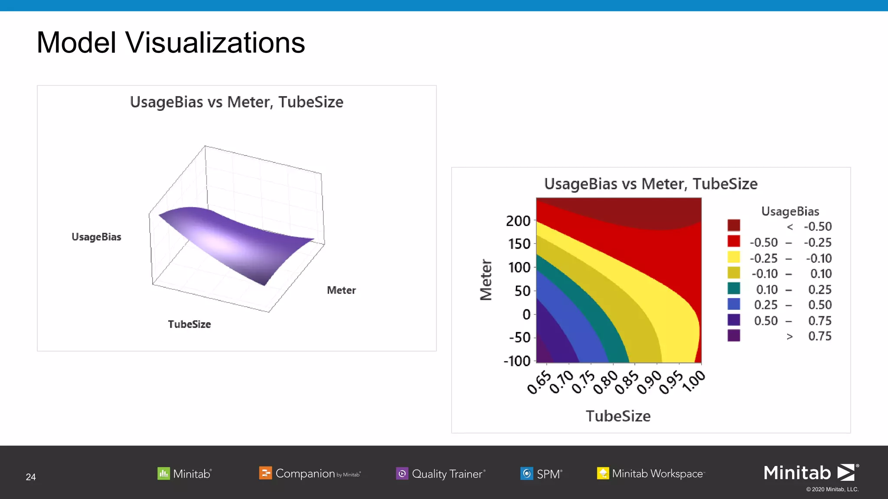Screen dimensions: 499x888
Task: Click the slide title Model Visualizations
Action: click(x=170, y=43)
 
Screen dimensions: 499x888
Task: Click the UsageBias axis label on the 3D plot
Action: click(x=96, y=237)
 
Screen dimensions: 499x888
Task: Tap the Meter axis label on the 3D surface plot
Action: click(x=341, y=290)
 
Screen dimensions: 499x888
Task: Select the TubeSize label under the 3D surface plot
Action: click(x=189, y=324)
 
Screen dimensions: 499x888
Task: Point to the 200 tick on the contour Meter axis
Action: click(x=518, y=221)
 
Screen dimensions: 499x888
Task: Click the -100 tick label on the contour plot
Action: click(x=517, y=361)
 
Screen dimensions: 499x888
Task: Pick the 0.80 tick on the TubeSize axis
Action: click(x=605, y=382)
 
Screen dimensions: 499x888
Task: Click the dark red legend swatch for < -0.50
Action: click(x=734, y=226)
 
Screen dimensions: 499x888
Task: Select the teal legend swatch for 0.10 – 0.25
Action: click(x=734, y=288)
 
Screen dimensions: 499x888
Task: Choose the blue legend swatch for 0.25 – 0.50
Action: click(x=734, y=304)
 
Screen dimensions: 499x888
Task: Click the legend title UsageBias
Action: click(x=790, y=211)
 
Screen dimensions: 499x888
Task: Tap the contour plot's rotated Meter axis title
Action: click(x=486, y=280)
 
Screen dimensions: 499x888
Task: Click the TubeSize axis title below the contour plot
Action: click(x=618, y=416)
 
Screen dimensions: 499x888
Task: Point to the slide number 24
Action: click(x=31, y=477)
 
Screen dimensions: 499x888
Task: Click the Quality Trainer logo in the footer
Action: click(x=441, y=473)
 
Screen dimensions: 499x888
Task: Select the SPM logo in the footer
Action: click(x=541, y=473)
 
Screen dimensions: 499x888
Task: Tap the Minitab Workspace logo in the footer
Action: click(x=651, y=473)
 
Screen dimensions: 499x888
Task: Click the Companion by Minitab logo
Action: click(x=310, y=473)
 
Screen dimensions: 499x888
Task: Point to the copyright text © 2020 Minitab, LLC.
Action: click(x=832, y=489)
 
